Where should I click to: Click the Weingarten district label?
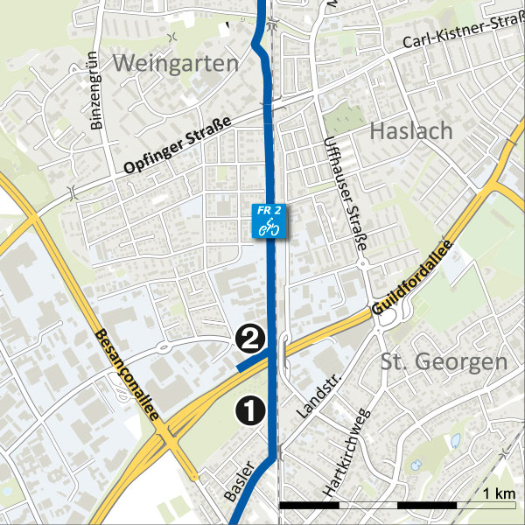(x=176, y=64)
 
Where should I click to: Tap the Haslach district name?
(x=411, y=131)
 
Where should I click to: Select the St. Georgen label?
(x=444, y=361)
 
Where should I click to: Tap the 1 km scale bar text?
(x=500, y=493)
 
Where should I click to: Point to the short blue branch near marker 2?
(x=252, y=361)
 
